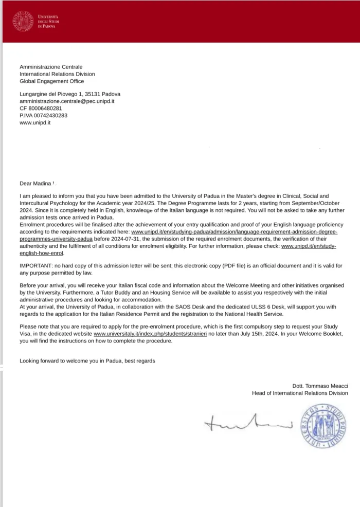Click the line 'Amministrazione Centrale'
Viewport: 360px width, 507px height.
click(50, 67)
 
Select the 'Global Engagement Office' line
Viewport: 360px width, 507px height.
click(51, 81)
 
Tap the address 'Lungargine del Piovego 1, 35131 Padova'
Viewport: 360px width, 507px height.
click(70, 94)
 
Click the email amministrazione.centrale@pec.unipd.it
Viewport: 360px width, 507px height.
click(67, 101)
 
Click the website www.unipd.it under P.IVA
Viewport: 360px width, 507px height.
click(35, 123)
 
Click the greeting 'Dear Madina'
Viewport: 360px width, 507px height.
click(36, 183)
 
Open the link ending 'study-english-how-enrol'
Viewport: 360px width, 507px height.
click(309, 246)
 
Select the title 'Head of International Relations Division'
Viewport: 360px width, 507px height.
click(299, 393)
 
